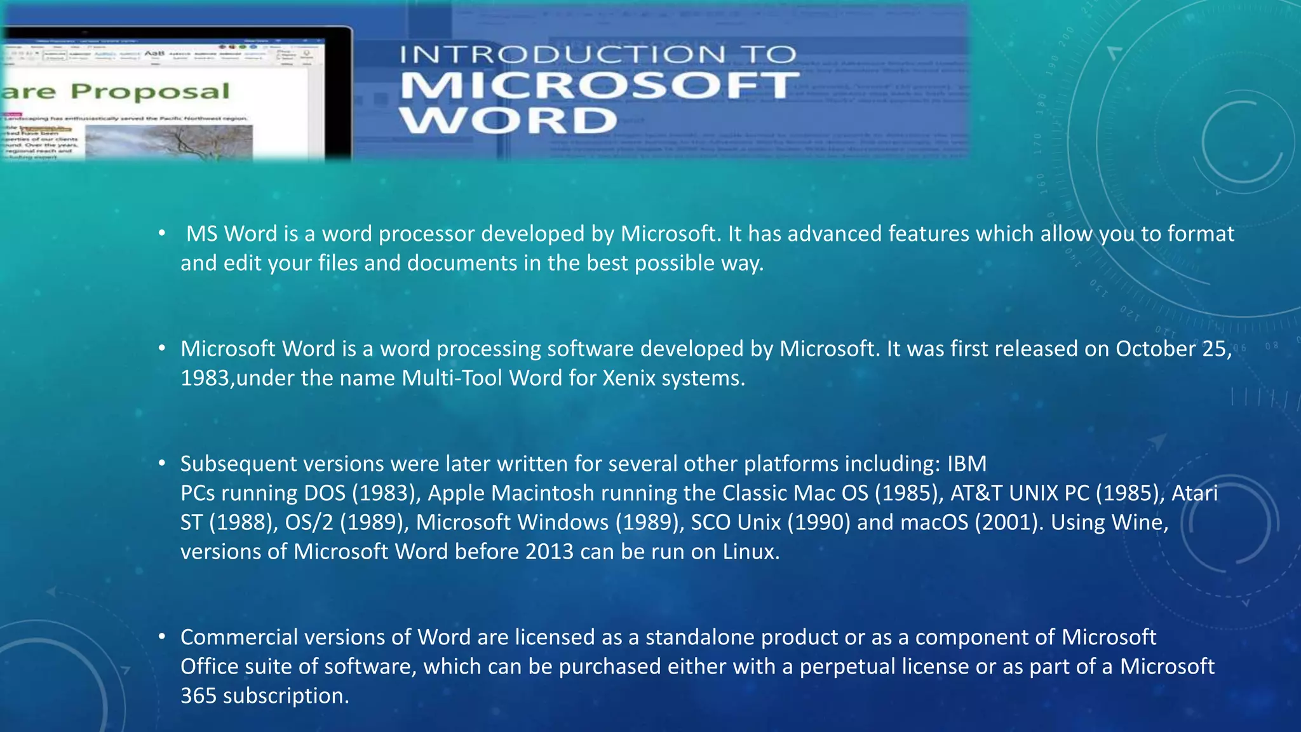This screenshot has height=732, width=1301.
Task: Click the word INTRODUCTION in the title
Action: [562, 55]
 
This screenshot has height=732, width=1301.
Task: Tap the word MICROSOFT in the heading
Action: [598, 86]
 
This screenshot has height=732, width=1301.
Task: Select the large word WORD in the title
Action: [508, 120]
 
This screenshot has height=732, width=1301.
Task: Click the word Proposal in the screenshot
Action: [150, 91]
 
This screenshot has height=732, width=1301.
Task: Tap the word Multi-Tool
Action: [452, 378]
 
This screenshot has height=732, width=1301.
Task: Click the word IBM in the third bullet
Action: [967, 464]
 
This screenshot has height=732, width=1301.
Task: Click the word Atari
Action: [1194, 493]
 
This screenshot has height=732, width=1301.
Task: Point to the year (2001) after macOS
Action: [1009, 522]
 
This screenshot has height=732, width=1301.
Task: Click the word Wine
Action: [1138, 522]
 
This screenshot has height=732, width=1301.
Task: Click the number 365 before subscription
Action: [198, 696]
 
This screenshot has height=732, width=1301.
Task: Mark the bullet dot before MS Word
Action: [163, 233]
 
